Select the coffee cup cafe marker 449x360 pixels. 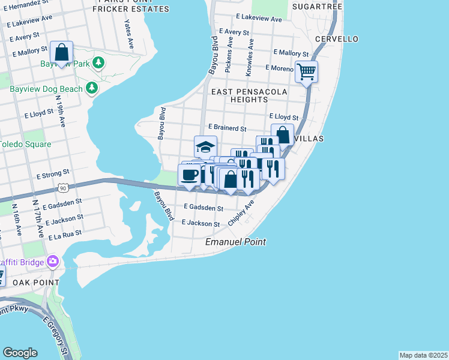[x=190, y=175]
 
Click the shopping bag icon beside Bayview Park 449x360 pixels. [x=61, y=52]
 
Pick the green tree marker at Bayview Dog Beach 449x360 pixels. [x=91, y=89]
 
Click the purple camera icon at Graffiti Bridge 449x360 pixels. [x=53, y=262]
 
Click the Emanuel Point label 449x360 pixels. [x=235, y=242]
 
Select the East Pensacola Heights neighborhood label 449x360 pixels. [x=249, y=95]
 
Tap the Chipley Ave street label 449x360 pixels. [x=241, y=213]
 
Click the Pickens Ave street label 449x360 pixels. [x=228, y=56]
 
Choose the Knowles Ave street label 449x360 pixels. [x=249, y=58]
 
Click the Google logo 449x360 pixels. [x=20, y=353]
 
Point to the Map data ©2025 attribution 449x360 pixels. [x=423, y=355]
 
